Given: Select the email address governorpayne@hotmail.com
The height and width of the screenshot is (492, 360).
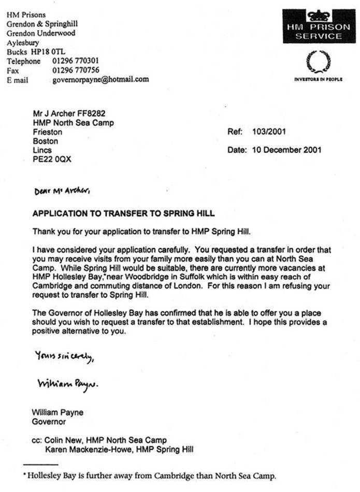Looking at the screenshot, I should pos(100,80).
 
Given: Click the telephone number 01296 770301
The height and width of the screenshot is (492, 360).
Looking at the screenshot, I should pos(76,61).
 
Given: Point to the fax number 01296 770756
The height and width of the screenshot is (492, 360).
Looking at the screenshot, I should pos(76,70).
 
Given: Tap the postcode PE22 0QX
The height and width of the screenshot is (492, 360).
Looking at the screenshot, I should pos(52,160).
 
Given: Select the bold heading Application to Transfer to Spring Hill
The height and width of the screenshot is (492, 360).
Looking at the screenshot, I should pos(123,213).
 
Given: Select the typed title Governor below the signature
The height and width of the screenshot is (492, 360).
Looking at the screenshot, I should pos(49,422).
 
